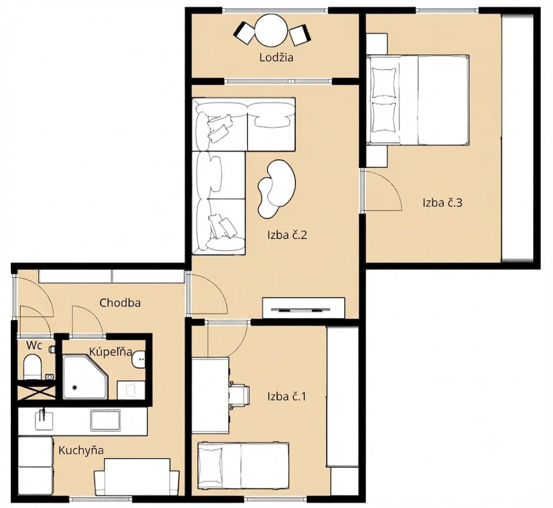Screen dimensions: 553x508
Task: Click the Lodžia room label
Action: coord(276,57)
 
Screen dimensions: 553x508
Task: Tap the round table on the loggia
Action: coord(271,30)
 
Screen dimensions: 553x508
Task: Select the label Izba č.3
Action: coord(442,202)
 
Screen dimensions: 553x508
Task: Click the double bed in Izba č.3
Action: coord(418,100)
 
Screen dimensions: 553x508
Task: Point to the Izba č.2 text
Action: coord(287,235)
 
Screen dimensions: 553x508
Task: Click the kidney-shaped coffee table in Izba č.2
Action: coord(276,188)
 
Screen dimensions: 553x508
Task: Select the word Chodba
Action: coord(120,302)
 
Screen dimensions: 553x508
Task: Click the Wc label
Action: coord(34,346)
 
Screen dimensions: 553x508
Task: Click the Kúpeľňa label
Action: coord(111,351)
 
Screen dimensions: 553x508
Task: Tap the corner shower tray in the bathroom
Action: coord(85,377)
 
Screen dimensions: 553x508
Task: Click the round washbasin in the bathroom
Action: coord(139,360)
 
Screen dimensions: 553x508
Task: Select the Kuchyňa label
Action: coord(81,450)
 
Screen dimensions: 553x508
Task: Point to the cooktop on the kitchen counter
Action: coord(105,420)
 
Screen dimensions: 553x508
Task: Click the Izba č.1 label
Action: coord(287,397)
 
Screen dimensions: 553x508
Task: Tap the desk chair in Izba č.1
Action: coord(240,395)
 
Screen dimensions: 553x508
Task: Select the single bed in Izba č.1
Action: coord(244,465)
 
